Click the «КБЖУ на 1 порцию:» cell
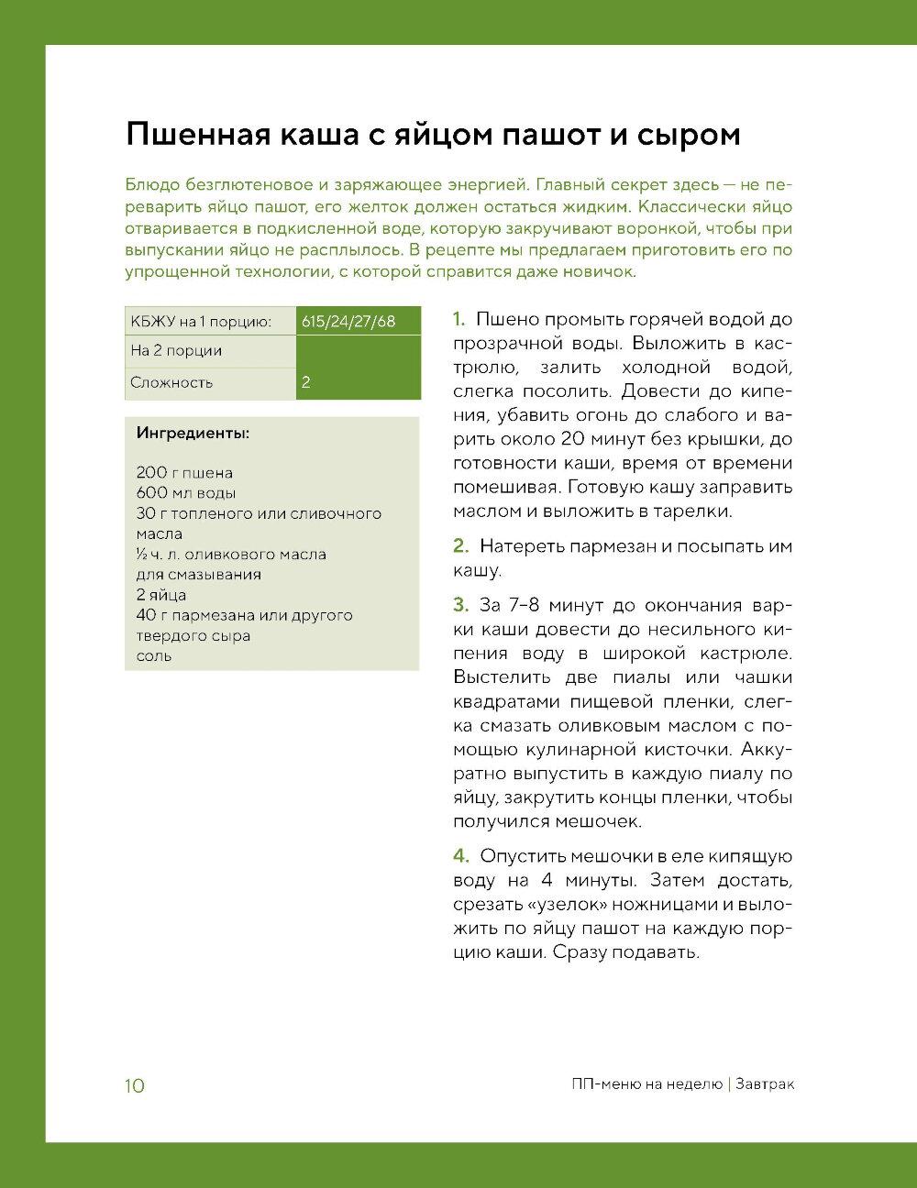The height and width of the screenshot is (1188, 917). pos(201,321)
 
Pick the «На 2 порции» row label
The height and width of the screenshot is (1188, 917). pos(176,351)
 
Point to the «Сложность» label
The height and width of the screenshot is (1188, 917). pos(171,382)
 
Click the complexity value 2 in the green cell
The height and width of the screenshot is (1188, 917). pos(306,383)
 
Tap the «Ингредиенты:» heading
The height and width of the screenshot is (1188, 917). pos(193,433)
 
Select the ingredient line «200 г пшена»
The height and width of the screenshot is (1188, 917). pos(184,473)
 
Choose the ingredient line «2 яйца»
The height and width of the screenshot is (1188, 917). pos(160,595)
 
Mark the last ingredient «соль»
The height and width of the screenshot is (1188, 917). pos(153,656)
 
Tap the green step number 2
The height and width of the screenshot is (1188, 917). pos(461,546)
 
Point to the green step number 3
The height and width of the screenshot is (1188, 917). pos(461,606)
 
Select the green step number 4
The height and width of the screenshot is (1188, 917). pos(461,856)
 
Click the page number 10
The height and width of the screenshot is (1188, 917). pos(134,1086)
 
